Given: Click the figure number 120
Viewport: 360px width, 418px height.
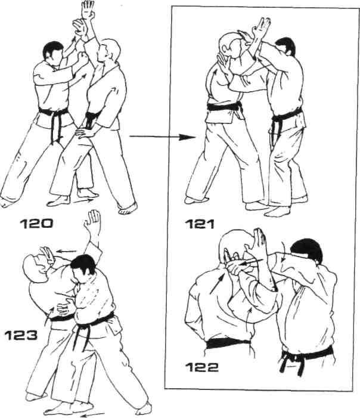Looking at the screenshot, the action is click(36, 224).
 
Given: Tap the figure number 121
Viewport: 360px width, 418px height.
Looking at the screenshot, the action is click(200, 224).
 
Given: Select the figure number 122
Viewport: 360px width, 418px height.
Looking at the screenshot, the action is click(201, 368).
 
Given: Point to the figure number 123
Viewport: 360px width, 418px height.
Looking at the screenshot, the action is click(21, 335).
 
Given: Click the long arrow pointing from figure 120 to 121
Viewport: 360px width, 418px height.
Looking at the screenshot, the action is click(163, 137).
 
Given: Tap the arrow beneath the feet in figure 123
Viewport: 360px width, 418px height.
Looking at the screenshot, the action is click(92, 414).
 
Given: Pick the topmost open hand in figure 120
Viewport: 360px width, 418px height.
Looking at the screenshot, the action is click(88, 10).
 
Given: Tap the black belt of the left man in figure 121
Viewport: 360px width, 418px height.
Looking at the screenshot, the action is click(225, 107).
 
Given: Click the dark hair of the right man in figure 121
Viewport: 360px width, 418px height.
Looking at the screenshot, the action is click(287, 45).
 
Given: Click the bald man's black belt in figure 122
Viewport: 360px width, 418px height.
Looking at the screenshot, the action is click(228, 343).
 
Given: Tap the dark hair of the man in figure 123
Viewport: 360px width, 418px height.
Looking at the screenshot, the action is click(83, 264).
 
